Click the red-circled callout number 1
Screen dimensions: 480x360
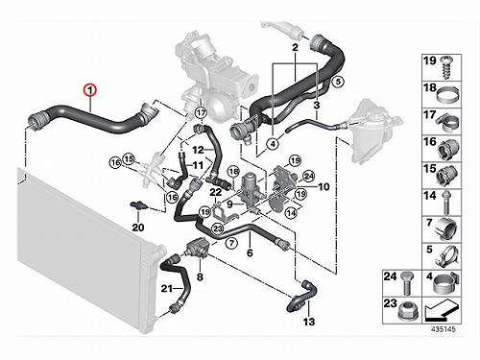point(90,90)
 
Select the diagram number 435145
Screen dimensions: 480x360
point(443,329)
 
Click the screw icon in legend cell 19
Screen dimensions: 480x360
point(447,68)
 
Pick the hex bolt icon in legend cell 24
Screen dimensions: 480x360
point(407,283)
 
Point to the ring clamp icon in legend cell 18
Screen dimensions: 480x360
point(447,95)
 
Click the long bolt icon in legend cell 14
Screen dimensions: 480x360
point(445,203)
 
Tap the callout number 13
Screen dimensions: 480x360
point(309,322)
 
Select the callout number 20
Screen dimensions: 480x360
point(138,228)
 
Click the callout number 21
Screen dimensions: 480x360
point(166,288)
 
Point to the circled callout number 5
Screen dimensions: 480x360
point(338,82)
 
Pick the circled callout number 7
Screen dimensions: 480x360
point(231,243)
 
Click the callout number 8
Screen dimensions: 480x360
point(200,276)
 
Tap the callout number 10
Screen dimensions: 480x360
point(324,186)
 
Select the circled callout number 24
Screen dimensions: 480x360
point(309,176)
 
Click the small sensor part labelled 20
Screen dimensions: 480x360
point(138,205)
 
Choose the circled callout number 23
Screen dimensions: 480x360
point(218,228)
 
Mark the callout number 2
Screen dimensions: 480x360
point(295,47)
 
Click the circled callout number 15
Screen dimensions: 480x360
point(129,158)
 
